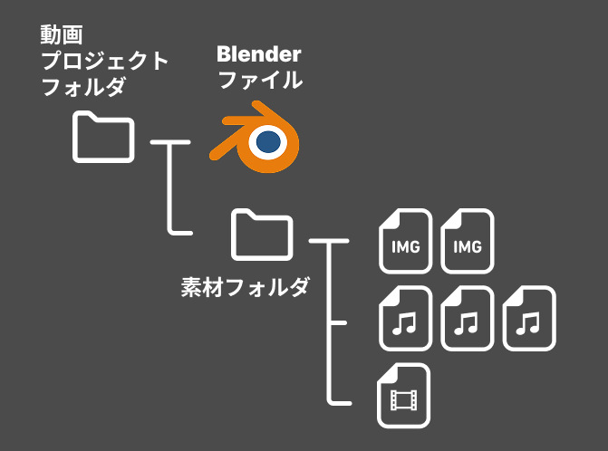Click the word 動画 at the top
pos(61,34)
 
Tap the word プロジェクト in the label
pos(104,62)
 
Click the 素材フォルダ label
pos(246,288)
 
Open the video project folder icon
pos(103,137)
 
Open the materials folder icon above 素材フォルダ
pos(261,235)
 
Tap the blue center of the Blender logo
pos(268,141)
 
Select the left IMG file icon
pos(406,242)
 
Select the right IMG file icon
pos(467,242)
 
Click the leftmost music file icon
pos(406,319)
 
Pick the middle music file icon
pos(467,319)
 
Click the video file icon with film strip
pos(403,396)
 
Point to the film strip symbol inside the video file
pos(403,398)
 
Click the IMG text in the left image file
pos(405,247)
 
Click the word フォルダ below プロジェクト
pos(80,89)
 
